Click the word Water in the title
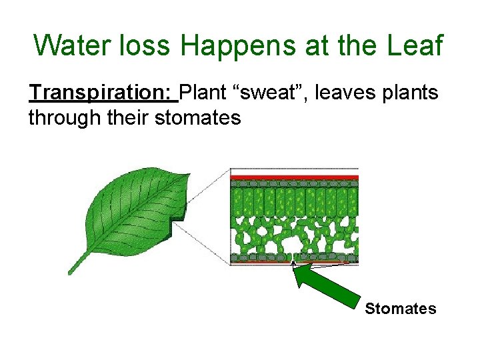coord(70,46)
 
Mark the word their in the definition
coord(127,119)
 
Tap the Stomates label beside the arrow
coord(400,309)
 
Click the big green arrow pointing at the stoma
coord(329,287)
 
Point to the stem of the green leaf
coord(79,263)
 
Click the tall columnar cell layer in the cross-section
coord(294,200)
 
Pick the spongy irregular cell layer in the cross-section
coord(294,235)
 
